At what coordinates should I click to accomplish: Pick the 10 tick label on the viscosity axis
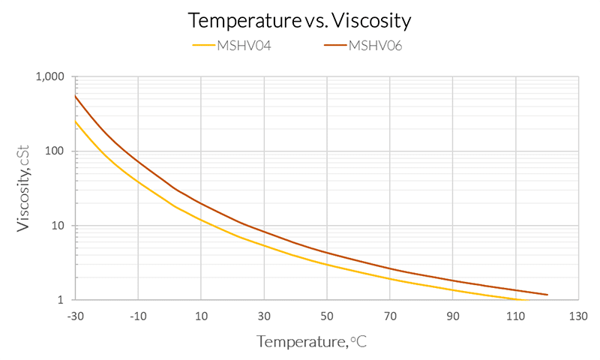59,226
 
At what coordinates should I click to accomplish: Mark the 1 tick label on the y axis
63,300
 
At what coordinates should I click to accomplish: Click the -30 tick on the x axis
75,315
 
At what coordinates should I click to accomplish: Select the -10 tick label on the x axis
138,315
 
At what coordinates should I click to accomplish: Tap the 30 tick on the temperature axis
264,315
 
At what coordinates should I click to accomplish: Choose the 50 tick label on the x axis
327,315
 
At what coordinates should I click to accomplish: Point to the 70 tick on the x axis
390,315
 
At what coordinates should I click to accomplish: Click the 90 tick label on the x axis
453,315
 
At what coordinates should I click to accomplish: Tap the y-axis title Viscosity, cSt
24,188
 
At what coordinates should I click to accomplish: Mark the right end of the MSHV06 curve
547,295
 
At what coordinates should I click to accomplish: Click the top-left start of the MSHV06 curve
75,96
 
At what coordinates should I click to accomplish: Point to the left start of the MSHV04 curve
75,121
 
